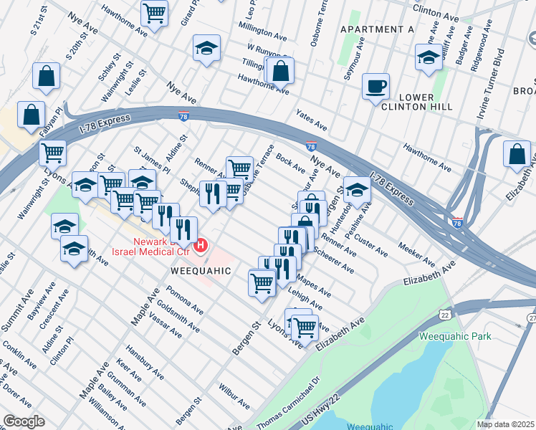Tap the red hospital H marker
point(201,246)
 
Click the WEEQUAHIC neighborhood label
point(201,271)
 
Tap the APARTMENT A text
point(377,29)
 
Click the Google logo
point(24,421)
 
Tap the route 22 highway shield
point(445,314)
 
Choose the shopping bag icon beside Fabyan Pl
point(32,114)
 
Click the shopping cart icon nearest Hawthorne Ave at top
point(155,13)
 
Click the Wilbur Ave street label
point(235,399)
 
